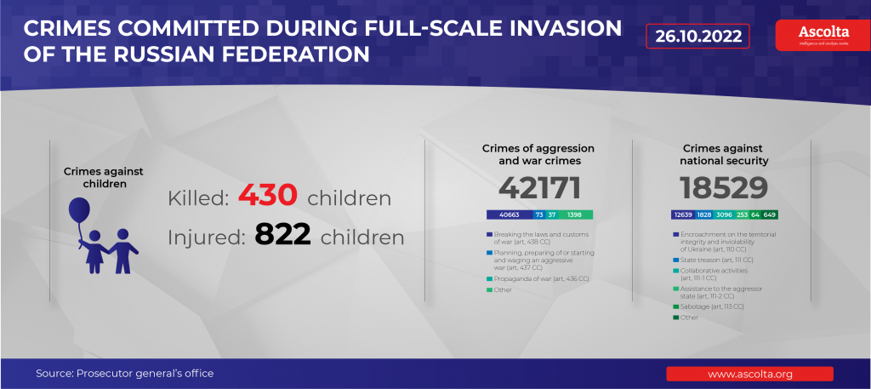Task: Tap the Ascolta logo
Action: point(817,35)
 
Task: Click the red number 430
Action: point(267,196)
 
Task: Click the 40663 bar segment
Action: point(509,215)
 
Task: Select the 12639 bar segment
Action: point(682,215)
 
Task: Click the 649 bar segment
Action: point(770,215)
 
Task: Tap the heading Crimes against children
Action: point(103,177)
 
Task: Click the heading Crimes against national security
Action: point(725,154)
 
